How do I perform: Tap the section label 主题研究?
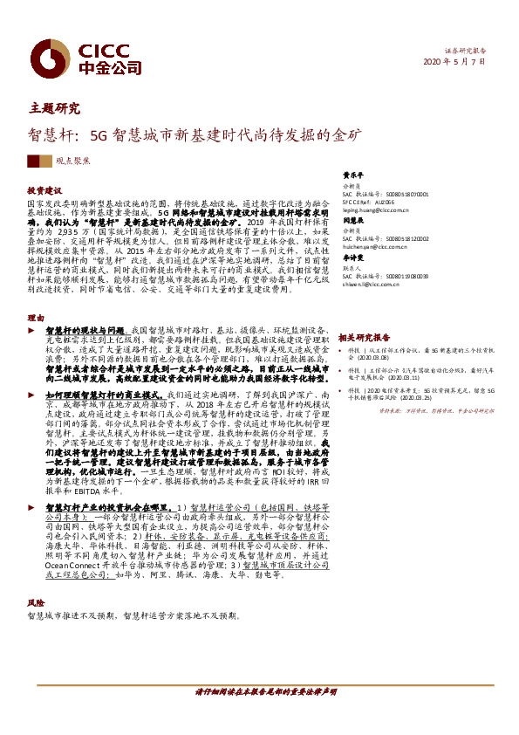click(54, 109)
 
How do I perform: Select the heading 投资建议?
click(44, 189)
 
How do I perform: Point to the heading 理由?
click(35, 318)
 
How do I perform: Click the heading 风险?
click(35, 602)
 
